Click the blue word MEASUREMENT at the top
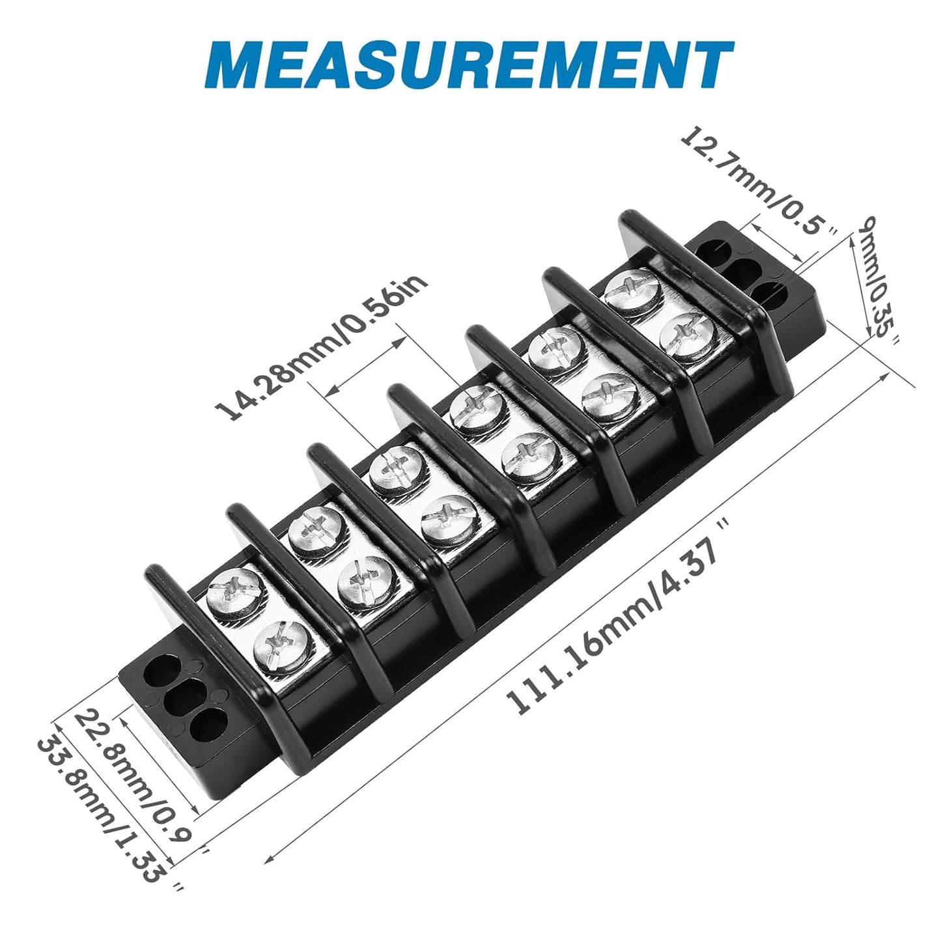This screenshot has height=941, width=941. click(x=473, y=65)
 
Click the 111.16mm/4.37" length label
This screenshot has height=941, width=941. click(x=615, y=619)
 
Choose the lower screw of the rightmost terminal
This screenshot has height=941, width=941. click(x=688, y=335)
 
